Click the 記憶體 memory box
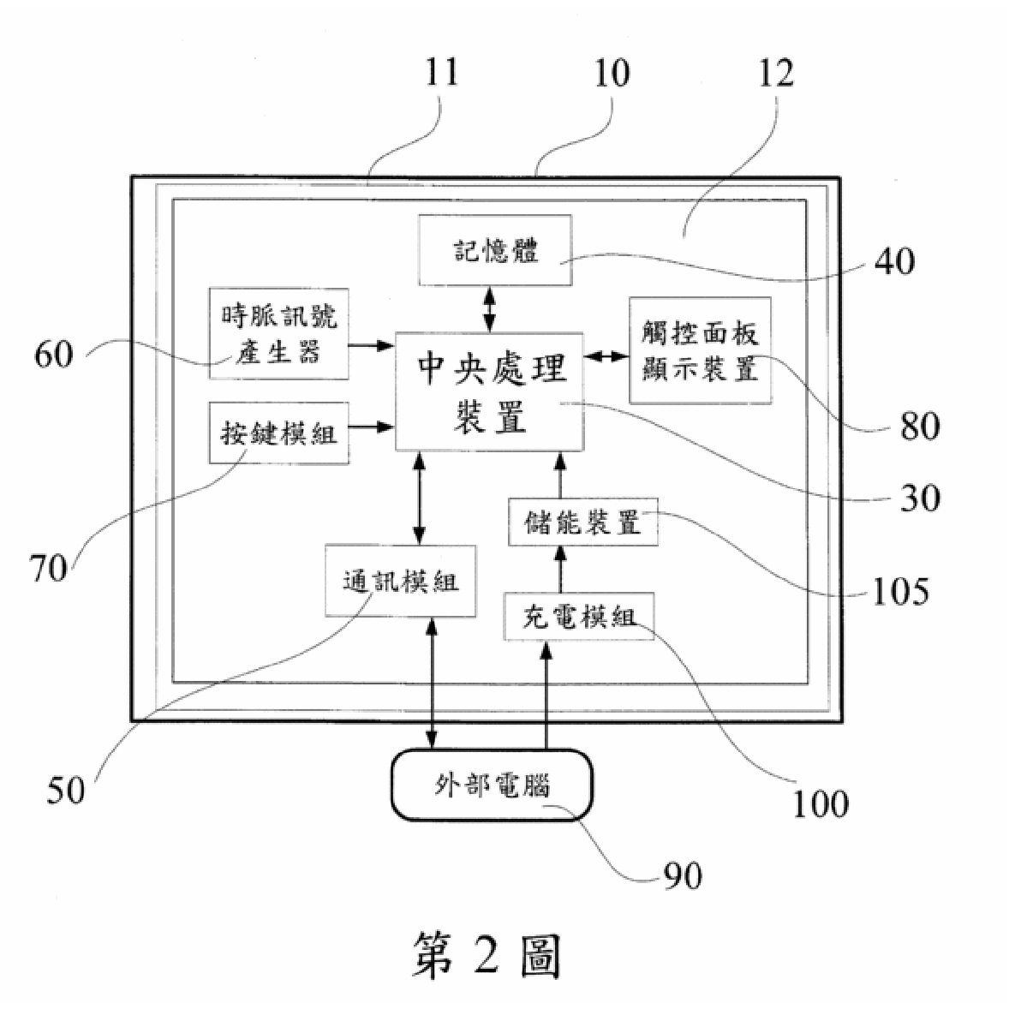coord(495,249)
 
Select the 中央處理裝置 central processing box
coord(489,391)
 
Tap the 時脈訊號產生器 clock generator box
coord(278,333)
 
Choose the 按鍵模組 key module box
coord(278,433)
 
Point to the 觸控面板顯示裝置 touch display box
coord(700,350)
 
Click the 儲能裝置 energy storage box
coord(583,522)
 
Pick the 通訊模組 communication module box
coord(400,581)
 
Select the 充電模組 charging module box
coord(578,617)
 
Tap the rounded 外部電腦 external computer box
coord(493,785)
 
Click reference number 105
coord(900,591)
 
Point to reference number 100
coord(820,803)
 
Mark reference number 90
coord(683,875)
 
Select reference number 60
coord(54,354)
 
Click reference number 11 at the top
coord(442,72)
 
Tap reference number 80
coord(920,426)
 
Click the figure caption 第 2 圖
coord(487,955)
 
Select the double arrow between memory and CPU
coord(490,309)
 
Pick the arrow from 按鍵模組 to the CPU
coord(371,427)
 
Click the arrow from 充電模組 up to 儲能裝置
coord(560,569)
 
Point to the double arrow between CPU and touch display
coord(606,355)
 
